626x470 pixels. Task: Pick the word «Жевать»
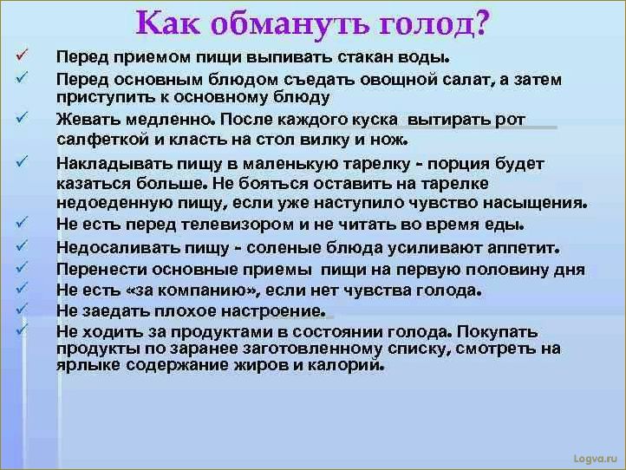83,119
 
